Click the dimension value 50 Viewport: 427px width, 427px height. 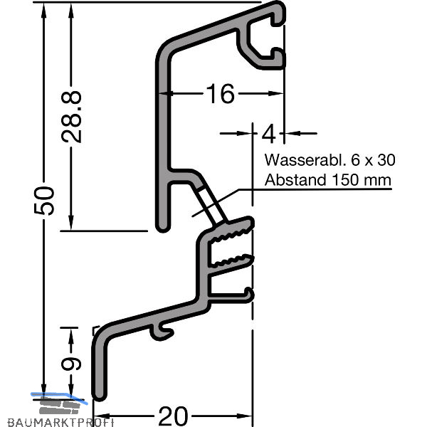coord(44,201)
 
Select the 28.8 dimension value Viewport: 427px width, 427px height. coord(71,117)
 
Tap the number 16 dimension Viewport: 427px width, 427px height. coord(221,94)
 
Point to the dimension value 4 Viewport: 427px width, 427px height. coord(269,134)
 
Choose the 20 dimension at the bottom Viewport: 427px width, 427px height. coord(173,416)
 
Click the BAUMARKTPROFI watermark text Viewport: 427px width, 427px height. coord(60,422)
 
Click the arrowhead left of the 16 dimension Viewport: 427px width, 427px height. coord(166,93)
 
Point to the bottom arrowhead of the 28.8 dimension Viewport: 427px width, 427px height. coord(71,223)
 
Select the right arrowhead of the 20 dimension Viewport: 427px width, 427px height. coord(244,416)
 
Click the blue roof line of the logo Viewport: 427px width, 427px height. coord(59,398)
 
